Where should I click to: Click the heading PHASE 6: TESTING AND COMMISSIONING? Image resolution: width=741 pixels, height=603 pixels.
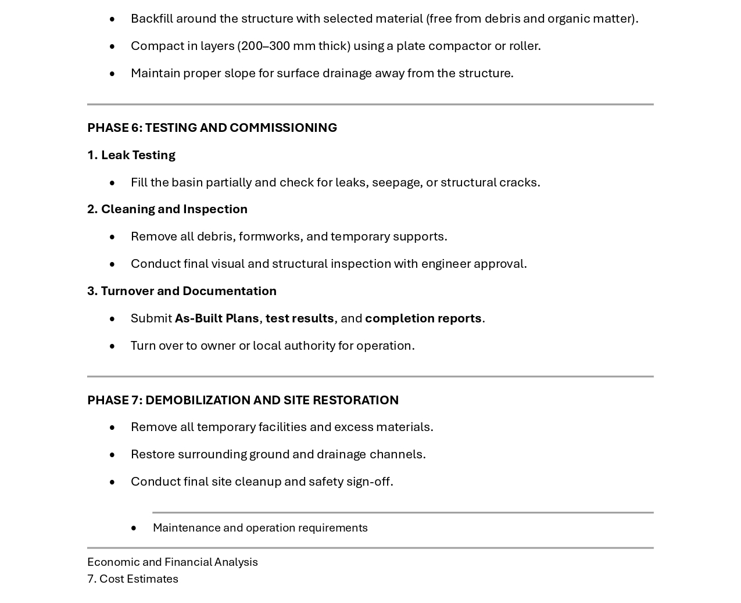[x=212, y=128]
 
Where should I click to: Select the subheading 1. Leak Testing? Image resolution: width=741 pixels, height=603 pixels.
[x=131, y=155]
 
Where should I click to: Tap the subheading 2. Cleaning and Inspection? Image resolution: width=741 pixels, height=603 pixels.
[x=167, y=209]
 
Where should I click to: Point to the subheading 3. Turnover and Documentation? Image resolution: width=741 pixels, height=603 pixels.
[x=182, y=291]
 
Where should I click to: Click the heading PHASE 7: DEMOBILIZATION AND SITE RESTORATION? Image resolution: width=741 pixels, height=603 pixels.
[x=243, y=400]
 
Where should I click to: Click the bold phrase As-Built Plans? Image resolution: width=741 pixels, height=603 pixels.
[x=217, y=318]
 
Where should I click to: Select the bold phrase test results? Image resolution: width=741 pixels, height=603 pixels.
[x=299, y=318]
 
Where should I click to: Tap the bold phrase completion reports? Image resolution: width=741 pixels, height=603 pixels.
[x=423, y=318]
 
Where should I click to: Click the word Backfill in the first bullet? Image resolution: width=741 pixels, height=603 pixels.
[x=152, y=19]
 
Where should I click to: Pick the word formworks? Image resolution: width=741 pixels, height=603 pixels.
[x=269, y=236]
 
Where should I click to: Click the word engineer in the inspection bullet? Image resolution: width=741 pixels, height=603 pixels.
[x=446, y=264]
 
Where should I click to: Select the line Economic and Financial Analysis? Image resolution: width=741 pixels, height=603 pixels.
[x=173, y=562]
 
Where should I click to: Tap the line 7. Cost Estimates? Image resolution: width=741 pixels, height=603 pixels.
[x=133, y=579]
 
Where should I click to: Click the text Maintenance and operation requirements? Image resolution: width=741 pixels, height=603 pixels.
[x=260, y=528]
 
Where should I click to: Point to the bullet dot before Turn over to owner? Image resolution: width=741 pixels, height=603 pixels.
[x=112, y=346]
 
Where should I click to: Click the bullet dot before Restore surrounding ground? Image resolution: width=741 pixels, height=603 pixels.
[x=112, y=455]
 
